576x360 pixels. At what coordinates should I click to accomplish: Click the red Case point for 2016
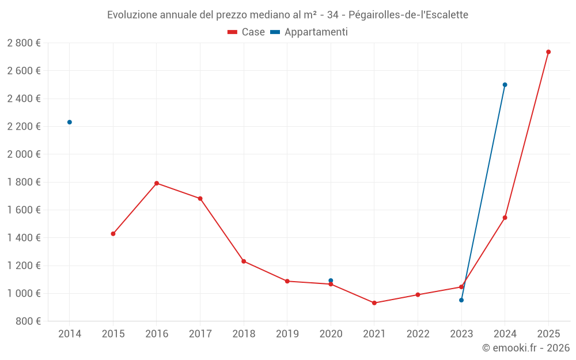157,183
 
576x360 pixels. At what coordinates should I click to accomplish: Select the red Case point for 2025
548,52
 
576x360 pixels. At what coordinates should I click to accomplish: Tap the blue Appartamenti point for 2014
70,122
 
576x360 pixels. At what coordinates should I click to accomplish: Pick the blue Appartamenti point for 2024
505,85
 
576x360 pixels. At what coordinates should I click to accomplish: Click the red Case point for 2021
374,303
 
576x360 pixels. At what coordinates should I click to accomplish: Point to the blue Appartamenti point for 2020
331,281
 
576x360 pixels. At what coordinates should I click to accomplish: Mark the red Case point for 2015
113,234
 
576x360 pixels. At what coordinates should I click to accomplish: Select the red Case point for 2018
244,262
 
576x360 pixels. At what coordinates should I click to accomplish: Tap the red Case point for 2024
505,218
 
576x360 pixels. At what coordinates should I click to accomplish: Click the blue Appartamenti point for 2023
461,300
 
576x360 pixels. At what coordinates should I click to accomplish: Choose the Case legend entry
247,32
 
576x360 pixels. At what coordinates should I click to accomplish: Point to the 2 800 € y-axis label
24,43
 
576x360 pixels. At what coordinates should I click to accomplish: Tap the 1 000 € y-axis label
24,294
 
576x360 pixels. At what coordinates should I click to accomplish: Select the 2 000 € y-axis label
24,154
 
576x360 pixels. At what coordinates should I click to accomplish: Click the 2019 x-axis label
287,334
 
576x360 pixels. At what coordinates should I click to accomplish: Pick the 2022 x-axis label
418,334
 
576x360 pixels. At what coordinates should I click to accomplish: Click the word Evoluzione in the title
132,14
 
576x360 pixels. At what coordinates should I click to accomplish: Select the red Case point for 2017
200,199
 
